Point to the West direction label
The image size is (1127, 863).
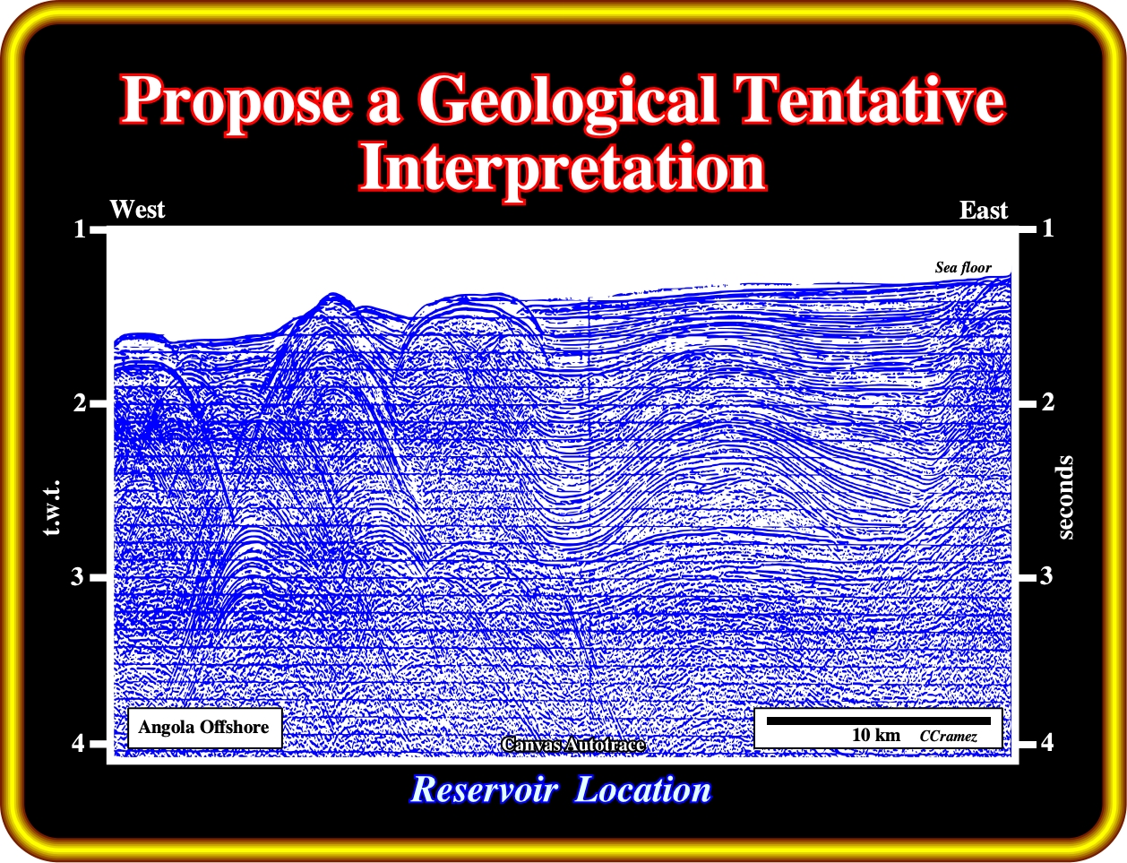[137, 210]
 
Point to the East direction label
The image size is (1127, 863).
[984, 211]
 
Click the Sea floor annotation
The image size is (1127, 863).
[963, 268]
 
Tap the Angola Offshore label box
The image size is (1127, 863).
[205, 728]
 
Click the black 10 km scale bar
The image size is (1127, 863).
[879, 721]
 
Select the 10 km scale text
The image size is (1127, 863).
[876, 736]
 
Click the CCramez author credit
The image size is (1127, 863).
[949, 737]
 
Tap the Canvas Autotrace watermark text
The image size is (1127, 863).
[573, 745]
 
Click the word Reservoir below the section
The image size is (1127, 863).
[485, 790]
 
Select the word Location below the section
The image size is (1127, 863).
[643, 790]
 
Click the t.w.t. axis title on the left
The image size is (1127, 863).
[52, 508]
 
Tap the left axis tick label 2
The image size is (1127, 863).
[80, 402]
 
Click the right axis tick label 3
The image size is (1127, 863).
[1046, 575]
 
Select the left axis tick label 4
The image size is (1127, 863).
[78, 744]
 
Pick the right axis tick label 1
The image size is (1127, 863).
[1047, 229]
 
